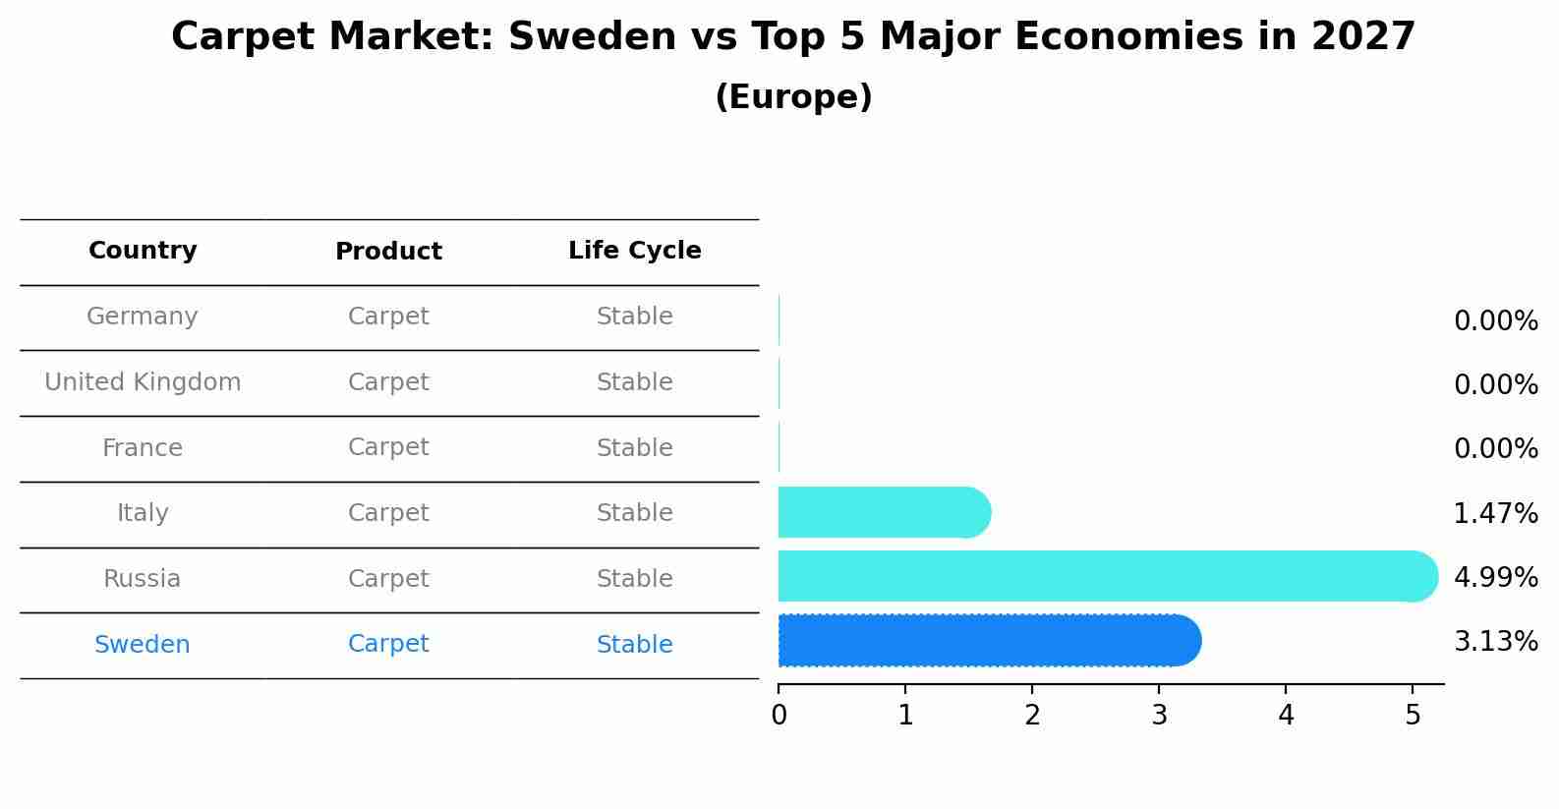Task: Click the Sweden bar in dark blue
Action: tap(988, 641)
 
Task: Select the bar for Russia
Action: tap(1106, 576)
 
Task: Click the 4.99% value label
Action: tap(1495, 578)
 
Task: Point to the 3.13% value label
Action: tap(1495, 642)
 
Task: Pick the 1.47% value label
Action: tap(1495, 513)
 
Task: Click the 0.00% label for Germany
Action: tap(1495, 321)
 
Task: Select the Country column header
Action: tap(143, 251)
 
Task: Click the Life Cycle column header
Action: tap(634, 251)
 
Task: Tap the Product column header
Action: tap(388, 252)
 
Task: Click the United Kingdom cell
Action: tap(143, 382)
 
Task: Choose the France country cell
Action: tap(143, 448)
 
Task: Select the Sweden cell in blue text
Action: tap(143, 645)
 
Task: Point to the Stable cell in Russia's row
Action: tap(634, 579)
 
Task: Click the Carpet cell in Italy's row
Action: tap(388, 513)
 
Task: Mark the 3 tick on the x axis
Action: tap(1159, 715)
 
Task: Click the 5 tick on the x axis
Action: tap(1413, 715)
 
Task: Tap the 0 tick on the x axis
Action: tap(779, 715)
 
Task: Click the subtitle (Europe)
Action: tap(793, 97)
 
